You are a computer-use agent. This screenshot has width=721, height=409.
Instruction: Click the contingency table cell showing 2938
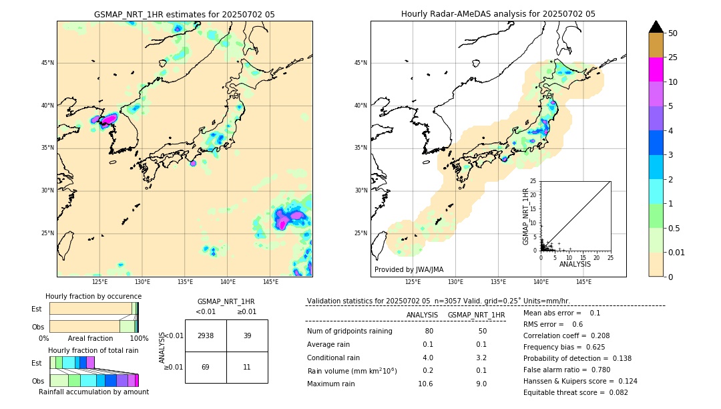click(206, 335)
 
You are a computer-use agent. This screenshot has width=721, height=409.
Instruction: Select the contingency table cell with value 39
click(247, 335)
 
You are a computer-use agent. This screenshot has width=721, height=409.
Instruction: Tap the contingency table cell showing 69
click(206, 368)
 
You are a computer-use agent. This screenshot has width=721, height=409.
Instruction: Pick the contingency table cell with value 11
click(247, 368)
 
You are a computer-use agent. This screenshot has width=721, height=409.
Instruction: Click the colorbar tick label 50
click(673, 33)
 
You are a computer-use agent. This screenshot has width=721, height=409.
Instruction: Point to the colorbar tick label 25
click(673, 57)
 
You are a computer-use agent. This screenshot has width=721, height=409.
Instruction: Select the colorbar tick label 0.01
click(677, 252)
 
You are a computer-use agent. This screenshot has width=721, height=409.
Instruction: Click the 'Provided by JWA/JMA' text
click(409, 269)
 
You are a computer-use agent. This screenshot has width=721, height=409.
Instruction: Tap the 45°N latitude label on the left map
click(47, 63)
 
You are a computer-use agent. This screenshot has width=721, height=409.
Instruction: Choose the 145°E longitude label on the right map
click(583, 282)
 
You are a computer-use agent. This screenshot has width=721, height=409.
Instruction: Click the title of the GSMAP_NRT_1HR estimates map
click(184, 14)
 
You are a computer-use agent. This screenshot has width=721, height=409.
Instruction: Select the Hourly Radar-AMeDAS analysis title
click(498, 14)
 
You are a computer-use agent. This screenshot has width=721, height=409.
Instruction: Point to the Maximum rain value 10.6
click(425, 384)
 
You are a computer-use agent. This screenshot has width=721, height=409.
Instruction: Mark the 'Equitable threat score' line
click(575, 392)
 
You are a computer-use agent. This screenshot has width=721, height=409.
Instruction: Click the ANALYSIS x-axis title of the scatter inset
click(575, 264)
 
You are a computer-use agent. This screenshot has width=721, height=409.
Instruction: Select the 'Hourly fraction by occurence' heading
click(93, 296)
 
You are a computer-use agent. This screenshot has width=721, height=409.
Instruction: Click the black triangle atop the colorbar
click(656, 27)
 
